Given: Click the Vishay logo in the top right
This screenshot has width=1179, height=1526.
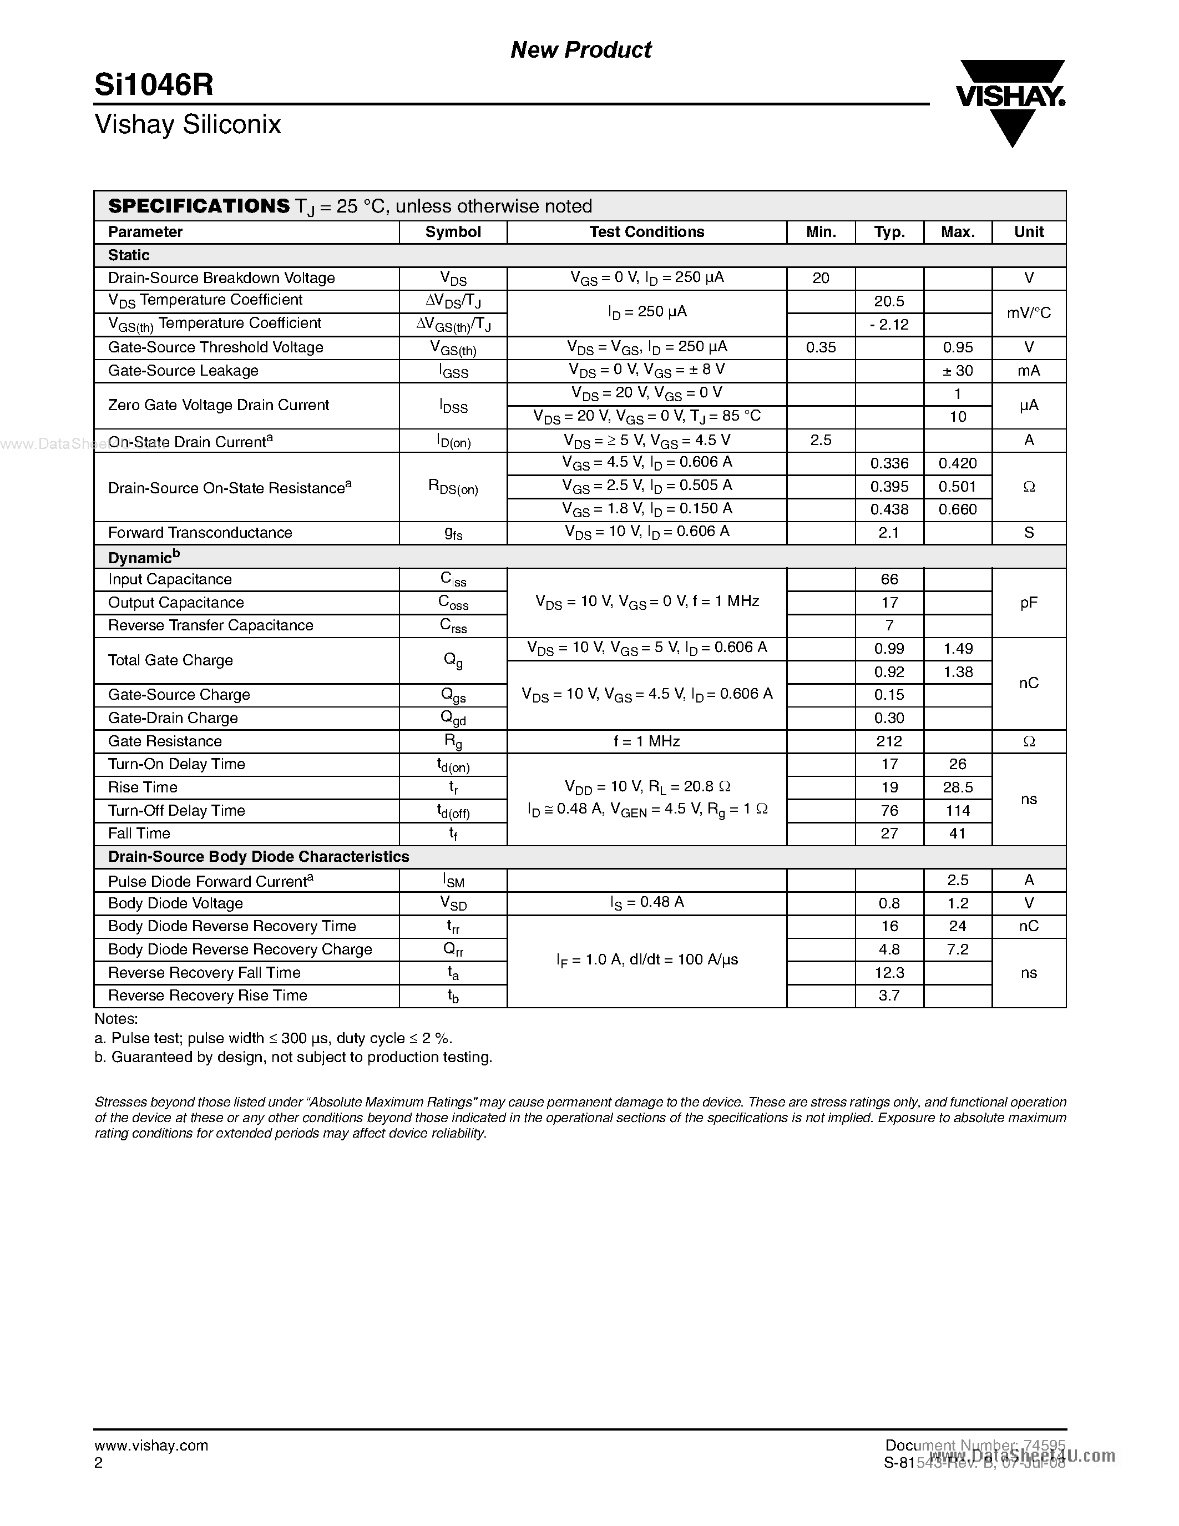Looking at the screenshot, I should pyautogui.click(x=1011, y=102).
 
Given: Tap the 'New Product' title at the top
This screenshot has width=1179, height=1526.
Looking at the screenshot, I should pyautogui.click(x=580, y=49).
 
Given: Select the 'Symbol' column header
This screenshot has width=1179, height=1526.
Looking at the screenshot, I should pyautogui.click(x=453, y=232).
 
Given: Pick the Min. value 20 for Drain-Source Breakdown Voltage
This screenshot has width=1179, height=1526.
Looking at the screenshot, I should pyautogui.click(x=821, y=278).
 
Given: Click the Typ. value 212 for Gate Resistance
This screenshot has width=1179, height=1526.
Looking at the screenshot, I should pyautogui.click(x=889, y=741).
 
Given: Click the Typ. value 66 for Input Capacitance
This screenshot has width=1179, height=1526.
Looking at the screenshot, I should pyautogui.click(x=889, y=579).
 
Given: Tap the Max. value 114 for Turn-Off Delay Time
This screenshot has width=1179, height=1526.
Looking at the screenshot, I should pyautogui.click(x=958, y=811).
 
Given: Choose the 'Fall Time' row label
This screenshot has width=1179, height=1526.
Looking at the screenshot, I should pyautogui.click(x=139, y=833).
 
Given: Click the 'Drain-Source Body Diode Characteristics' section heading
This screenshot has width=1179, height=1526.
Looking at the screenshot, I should pyautogui.click(x=259, y=857).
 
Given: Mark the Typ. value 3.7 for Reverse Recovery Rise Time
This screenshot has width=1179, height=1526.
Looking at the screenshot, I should pyautogui.click(x=889, y=996).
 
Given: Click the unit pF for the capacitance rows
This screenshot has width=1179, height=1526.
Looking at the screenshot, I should pyautogui.click(x=1028, y=602).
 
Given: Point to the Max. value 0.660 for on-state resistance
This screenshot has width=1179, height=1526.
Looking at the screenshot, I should pyautogui.click(x=958, y=509).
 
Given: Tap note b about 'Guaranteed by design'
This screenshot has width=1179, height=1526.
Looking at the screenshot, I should pyautogui.click(x=294, y=1057).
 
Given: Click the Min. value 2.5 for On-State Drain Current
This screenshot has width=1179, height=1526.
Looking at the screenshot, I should pyautogui.click(x=821, y=440).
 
